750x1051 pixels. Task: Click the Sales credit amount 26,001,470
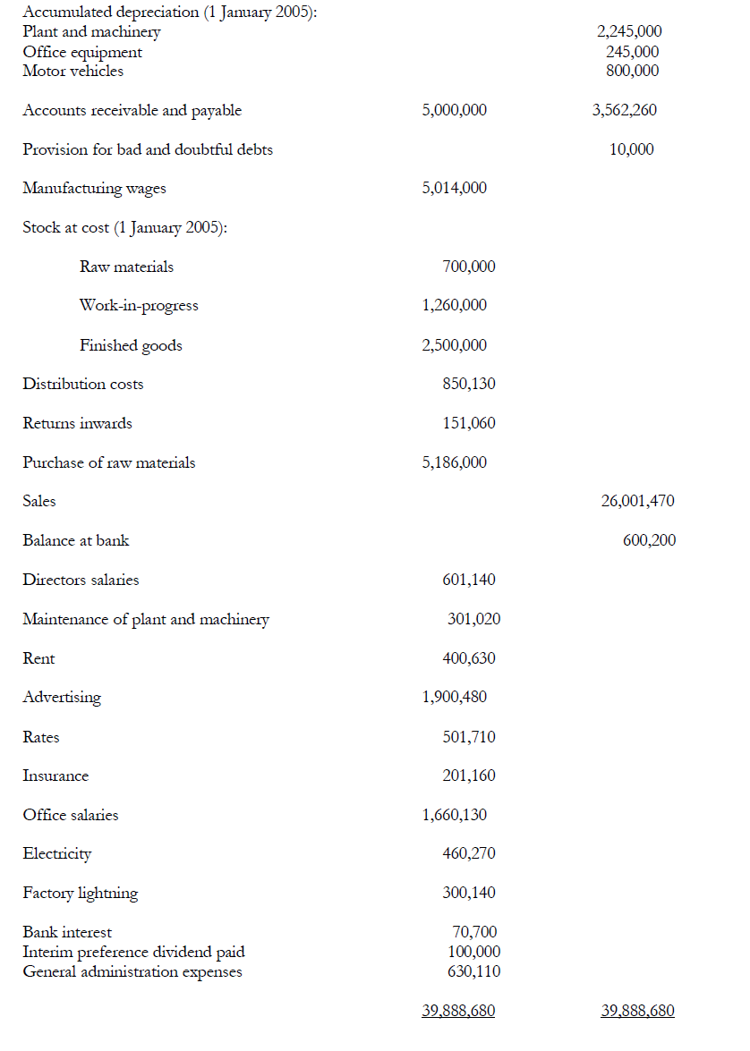[x=637, y=501]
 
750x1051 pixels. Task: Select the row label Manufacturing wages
[x=94, y=188]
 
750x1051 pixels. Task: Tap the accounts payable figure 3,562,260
[x=624, y=110]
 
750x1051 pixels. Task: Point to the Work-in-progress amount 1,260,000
[x=455, y=305]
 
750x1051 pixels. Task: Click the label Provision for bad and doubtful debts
[x=148, y=149]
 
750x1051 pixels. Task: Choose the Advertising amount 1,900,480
[x=455, y=697]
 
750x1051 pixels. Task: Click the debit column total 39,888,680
[x=458, y=1011]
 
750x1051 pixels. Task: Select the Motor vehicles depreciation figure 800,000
[x=632, y=71]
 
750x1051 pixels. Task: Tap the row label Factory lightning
[x=81, y=893]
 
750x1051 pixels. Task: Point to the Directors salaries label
[x=81, y=580]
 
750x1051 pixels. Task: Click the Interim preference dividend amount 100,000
[x=473, y=952]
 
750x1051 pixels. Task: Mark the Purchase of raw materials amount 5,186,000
[x=455, y=462]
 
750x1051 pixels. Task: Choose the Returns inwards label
[x=77, y=423]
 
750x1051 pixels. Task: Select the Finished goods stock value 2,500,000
[x=455, y=345]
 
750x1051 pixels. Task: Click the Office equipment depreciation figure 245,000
[x=632, y=52]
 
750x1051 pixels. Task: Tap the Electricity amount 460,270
[x=469, y=853]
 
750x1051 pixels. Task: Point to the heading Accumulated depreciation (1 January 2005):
[x=168, y=13]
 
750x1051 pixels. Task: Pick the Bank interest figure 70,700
[x=475, y=932]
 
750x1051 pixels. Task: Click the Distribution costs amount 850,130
[x=469, y=384]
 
